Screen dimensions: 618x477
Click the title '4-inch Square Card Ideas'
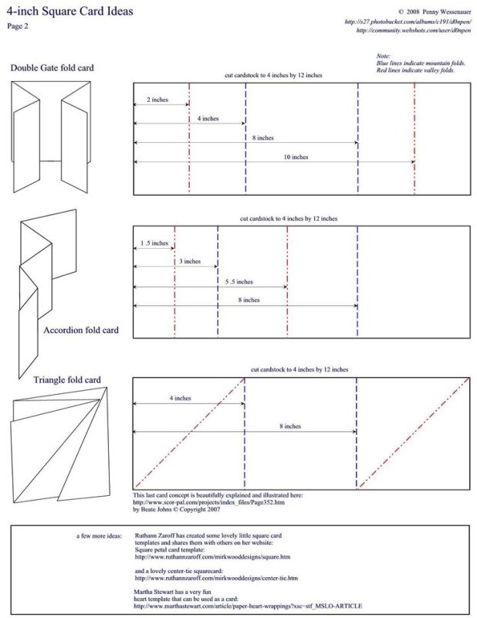pyautogui.click(x=70, y=12)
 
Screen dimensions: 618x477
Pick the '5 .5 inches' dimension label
pyautogui.click(x=239, y=282)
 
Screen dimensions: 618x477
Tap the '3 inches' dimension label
pyautogui.click(x=190, y=262)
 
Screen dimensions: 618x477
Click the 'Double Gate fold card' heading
pyautogui.click(x=52, y=68)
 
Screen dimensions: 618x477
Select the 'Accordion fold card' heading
pyautogui.click(x=81, y=331)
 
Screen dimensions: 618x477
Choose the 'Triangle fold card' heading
pyautogui.click(x=66, y=380)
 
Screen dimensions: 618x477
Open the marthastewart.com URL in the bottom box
pyautogui.click(x=248, y=606)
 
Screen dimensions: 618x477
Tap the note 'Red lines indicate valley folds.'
pyautogui.click(x=415, y=70)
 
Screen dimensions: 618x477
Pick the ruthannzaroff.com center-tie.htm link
pyautogui.click(x=216, y=577)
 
